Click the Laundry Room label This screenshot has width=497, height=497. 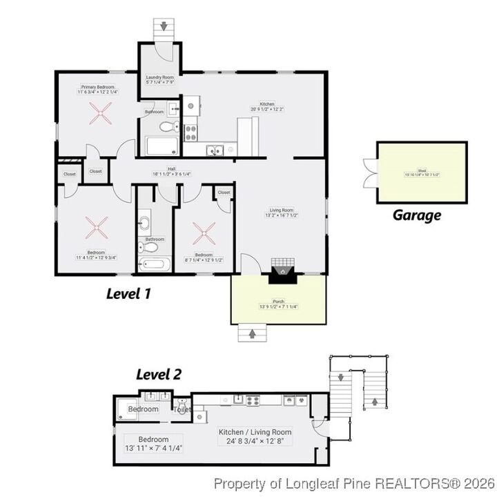coord(160,78)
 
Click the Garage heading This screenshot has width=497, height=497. coord(416,215)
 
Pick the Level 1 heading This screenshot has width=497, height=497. coord(128,293)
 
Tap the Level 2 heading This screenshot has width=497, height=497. coord(158,375)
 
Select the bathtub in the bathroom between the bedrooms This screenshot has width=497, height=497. coord(153,264)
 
